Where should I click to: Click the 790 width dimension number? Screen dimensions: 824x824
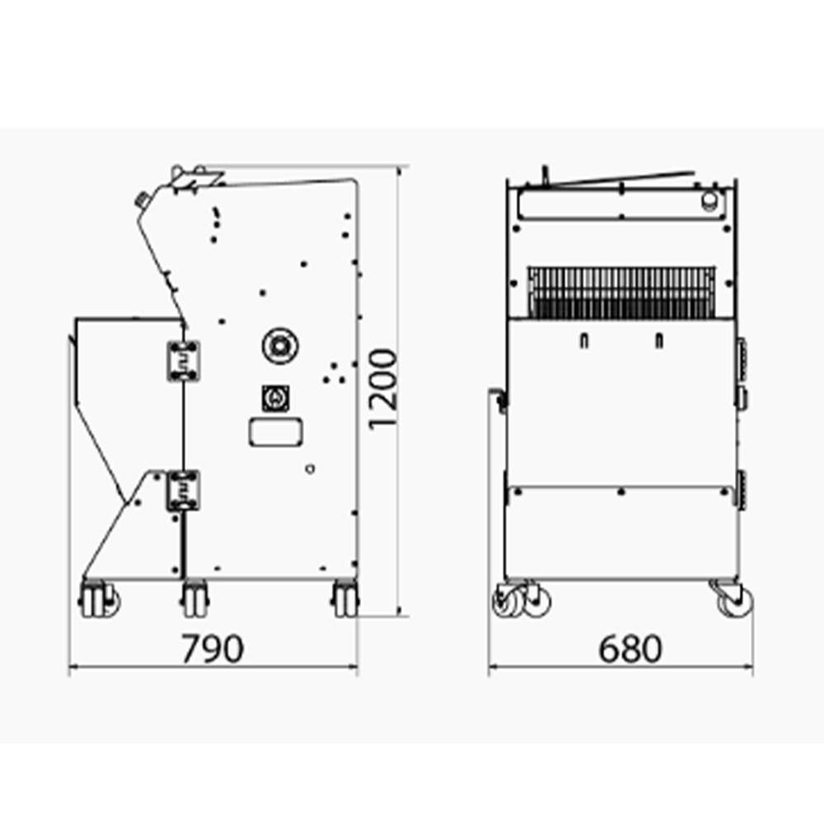213,649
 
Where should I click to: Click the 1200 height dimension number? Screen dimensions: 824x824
383,389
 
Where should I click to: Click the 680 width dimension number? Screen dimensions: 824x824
630,649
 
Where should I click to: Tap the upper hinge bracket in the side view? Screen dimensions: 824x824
184,361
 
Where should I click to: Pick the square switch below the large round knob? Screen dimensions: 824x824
274,398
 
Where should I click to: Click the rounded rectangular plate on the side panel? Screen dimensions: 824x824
274,432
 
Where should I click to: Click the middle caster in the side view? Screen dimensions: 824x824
194,598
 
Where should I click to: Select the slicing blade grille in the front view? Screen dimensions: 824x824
622,292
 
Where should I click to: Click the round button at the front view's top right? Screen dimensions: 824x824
707,201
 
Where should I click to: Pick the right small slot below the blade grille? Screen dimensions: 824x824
658,341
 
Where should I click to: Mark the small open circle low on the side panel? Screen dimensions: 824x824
309,469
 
